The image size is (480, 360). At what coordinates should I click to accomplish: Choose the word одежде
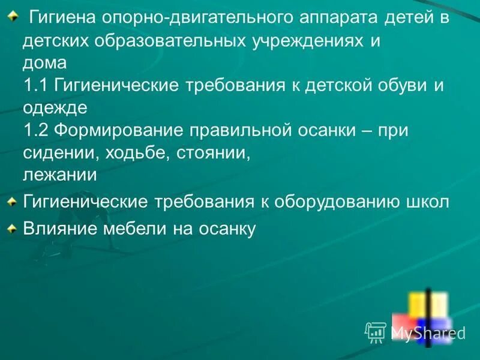point(56,107)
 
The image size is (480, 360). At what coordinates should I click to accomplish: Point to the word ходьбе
point(136,153)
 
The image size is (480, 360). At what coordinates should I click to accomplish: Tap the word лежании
point(60,175)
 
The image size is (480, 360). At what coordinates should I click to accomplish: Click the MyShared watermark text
point(427,332)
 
